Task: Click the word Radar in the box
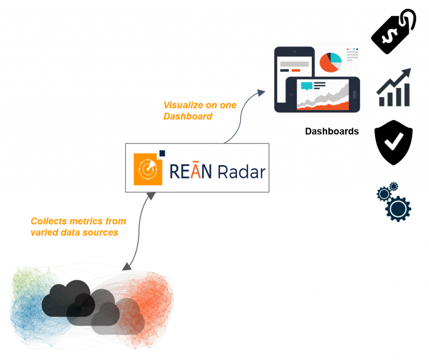pyautogui.click(x=241, y=172)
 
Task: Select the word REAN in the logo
pyautogui.click(x=190, y=172)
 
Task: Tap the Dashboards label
pyautogui.click(x=332, y=132)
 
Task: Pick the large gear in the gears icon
pyautogui.click(x=398, y=208)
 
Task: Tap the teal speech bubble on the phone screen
pyautogui.click(x=307, y=86)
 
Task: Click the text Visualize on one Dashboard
pyautogui.click(x=199, y=111)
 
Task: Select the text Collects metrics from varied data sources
pyautogui.click(x=78, y=227)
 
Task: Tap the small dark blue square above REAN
pyautogui.click(x=163, y=153)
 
